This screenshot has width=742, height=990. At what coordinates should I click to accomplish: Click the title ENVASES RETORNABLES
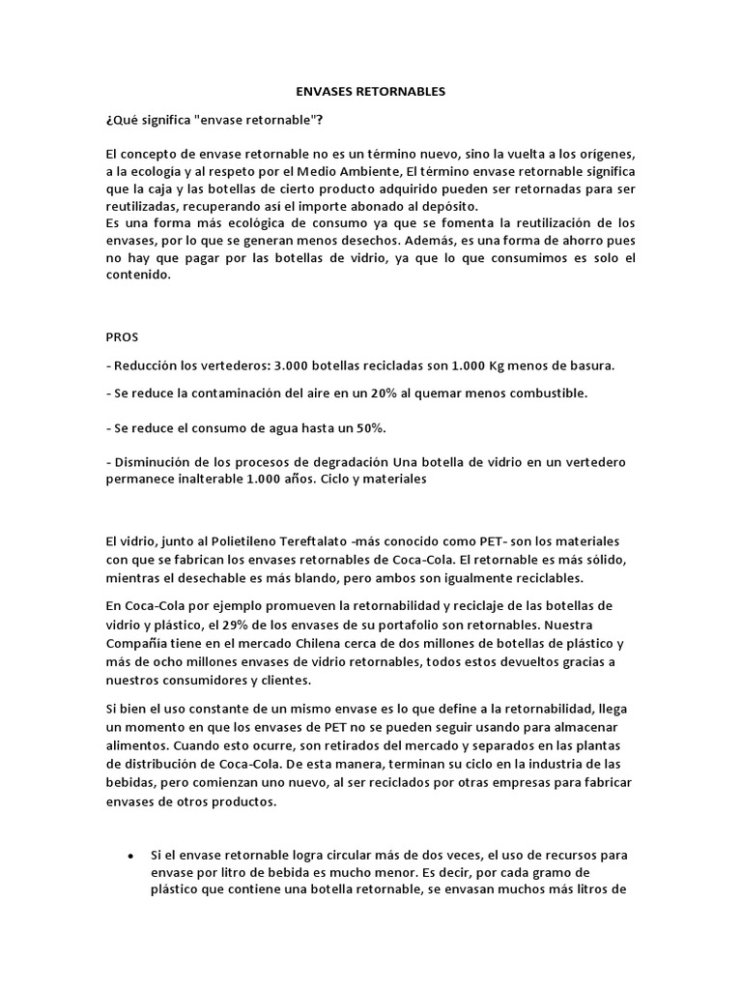coord(370,92)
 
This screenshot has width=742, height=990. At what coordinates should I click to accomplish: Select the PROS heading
coord(122,337)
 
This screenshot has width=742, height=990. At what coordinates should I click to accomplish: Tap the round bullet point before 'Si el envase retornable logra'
coord(130,857)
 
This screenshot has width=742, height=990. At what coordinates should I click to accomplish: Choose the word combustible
coord(553,393)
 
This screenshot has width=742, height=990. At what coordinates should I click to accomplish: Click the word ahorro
coord(563,240)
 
